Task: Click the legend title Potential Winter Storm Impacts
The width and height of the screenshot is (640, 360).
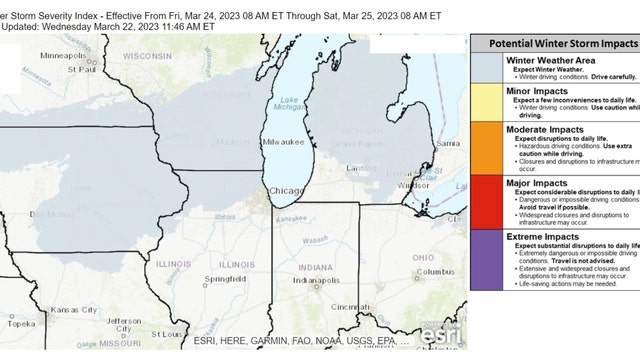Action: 555,46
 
